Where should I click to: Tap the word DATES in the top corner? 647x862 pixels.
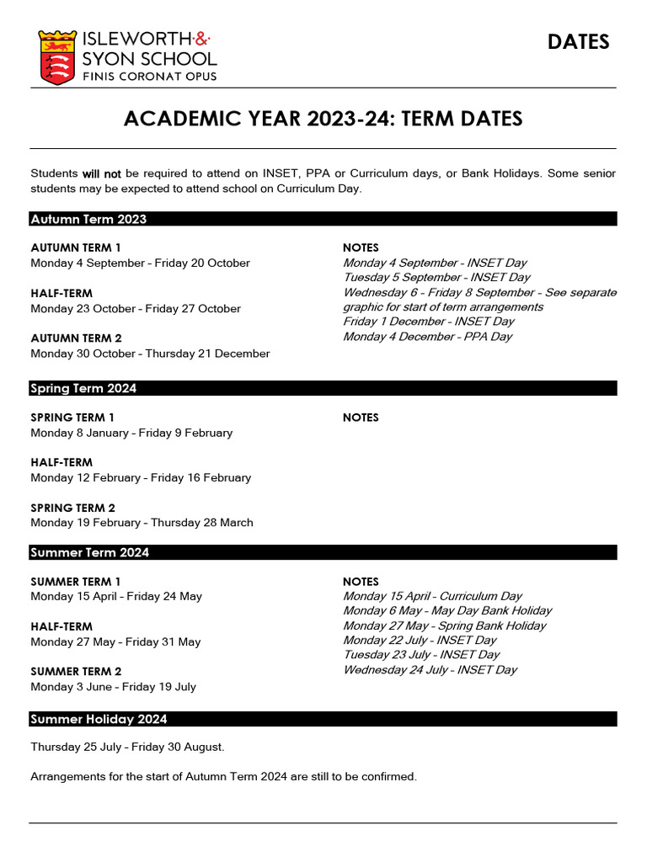click(578, 42)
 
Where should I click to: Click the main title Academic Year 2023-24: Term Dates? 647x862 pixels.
click(323, 119)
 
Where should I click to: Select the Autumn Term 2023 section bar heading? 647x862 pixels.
click(88, 219)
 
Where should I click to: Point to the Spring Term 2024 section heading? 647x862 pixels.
click(83, 388)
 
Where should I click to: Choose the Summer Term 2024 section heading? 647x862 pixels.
click(90, 552)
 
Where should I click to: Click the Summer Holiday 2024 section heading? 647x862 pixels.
click(99, 719)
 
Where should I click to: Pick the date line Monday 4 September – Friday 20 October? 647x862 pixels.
click(140, 263)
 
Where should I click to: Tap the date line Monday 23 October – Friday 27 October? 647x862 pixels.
click(136, 309)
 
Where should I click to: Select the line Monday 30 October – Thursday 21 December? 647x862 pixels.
click(150, 354)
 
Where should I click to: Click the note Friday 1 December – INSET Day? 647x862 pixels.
click(428, 322)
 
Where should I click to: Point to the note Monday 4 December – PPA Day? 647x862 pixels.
click(427, 337)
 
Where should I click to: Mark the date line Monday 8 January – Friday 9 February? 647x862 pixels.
click(131, 433)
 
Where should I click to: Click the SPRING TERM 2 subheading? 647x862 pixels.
click(72, 508)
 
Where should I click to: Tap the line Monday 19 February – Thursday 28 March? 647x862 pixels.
click(142, 523)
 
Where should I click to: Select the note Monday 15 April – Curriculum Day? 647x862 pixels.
click(432, 596)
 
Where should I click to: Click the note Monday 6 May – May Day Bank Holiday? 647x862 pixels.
click(447, 610)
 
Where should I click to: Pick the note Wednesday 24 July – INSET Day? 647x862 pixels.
click(430, 670)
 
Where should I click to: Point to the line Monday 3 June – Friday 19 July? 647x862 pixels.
click(113, 687)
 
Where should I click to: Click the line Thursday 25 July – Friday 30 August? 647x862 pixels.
click(127, 747)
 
